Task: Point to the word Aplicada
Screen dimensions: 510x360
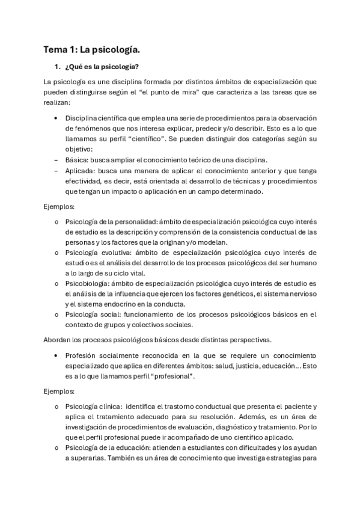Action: pos(81,171)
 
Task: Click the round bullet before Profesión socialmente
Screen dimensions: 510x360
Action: pos(56,355)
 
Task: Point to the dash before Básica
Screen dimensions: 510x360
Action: pos(56,159)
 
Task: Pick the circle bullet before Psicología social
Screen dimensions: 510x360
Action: pos(56,313)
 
